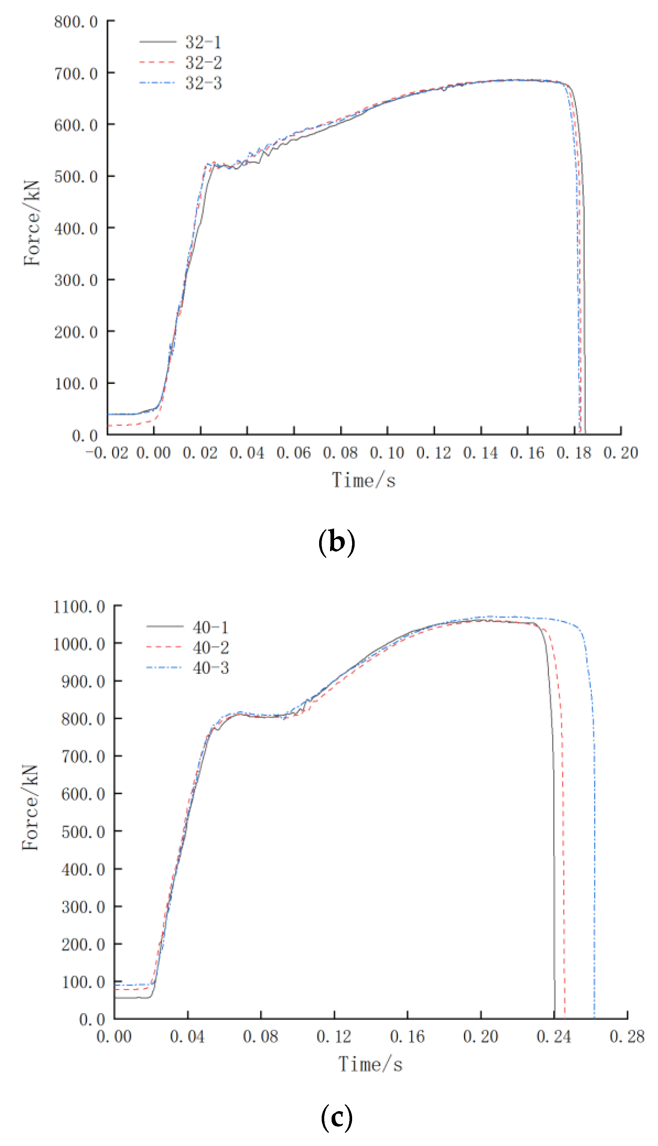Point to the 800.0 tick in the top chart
click(76, 22)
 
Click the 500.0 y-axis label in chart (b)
click(76, 177)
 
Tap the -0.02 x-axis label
click(107, 453)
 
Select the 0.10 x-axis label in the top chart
click(387, 453)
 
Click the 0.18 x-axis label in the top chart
click(574, 453)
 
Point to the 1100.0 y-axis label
click(79, 607)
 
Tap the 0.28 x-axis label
click(627, 1037)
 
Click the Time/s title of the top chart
click(364, 480)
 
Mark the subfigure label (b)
click(337, 542)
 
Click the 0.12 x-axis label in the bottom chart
click(334, 1037)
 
